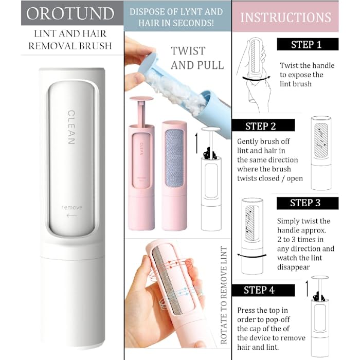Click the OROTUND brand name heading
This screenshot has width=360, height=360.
point(70,13)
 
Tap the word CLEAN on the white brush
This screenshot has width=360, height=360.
point(71,127)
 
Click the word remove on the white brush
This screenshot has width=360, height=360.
point(71,208)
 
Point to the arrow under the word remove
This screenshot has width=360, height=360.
point(71,215)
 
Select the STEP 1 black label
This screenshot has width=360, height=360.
point(308,44)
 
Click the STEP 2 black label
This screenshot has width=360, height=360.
point(263,125)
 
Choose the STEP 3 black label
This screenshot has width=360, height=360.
point(308,203)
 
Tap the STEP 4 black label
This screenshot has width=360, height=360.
point(263,290)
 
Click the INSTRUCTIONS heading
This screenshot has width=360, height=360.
point(285,17)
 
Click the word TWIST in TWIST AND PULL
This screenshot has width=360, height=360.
point(188,51)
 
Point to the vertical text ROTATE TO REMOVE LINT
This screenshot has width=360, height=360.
point(224,295)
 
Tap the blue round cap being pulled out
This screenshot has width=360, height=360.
point(148,63)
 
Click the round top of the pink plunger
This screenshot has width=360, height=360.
point(141,99)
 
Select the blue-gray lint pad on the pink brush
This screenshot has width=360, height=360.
point(174,158)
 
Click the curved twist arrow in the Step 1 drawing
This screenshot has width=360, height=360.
point(256,79)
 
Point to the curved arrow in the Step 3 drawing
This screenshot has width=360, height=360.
point(251,256)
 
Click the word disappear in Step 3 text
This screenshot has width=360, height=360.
point(294,267)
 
